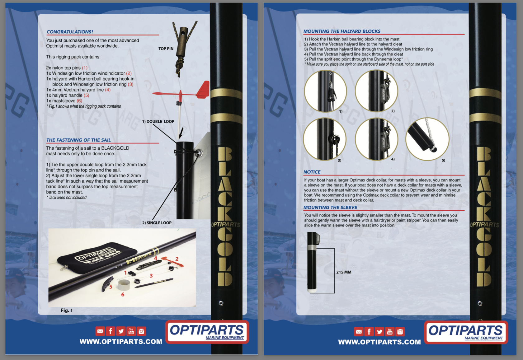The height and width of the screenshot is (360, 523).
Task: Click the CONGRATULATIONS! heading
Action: tap(70, 32)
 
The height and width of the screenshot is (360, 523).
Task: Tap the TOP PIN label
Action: tap(166, 49)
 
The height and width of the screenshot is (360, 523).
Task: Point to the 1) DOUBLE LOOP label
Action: tap(158, 122)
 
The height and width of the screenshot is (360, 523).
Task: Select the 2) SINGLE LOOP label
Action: tap(157, 223)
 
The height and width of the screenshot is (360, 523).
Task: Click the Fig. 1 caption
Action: tap(67, 310)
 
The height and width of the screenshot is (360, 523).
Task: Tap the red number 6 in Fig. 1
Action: tap(123, 295)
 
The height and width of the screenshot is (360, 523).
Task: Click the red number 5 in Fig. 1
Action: tap(111, 287)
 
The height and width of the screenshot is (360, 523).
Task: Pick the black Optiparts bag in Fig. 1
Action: tap(97, 258)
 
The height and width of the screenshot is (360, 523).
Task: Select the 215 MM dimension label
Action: tap(344, 272)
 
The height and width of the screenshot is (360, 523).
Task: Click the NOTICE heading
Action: tap(312, 172)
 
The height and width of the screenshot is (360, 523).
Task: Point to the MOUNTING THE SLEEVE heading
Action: tap(330, 208)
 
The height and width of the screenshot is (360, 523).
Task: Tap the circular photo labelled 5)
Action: tap(427, 139)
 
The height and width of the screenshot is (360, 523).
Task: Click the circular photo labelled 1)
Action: tap(325, 91)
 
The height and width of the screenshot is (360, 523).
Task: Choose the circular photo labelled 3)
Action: tap(324, 139)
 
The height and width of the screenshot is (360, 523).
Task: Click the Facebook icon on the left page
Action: tap(111, 331)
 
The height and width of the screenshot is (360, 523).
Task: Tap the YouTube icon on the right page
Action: tap(390, 332)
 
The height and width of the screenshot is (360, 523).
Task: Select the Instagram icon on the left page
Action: tap(141, 331)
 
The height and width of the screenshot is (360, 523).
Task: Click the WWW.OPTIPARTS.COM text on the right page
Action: tap(379, 342)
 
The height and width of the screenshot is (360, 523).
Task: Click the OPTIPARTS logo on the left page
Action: tap(207, 332)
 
